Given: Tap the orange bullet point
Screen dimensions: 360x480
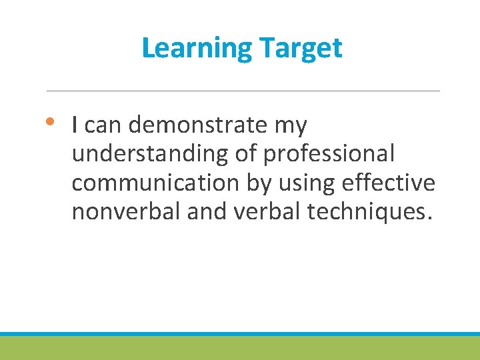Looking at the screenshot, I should coord(53,122).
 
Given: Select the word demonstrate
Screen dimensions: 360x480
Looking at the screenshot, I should coord(204,125).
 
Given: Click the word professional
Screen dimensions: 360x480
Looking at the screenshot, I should coord(329,154).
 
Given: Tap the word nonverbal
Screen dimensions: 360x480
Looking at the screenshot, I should coord(126,212).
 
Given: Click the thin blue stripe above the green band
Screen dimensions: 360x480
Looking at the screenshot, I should coord(240,333).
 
